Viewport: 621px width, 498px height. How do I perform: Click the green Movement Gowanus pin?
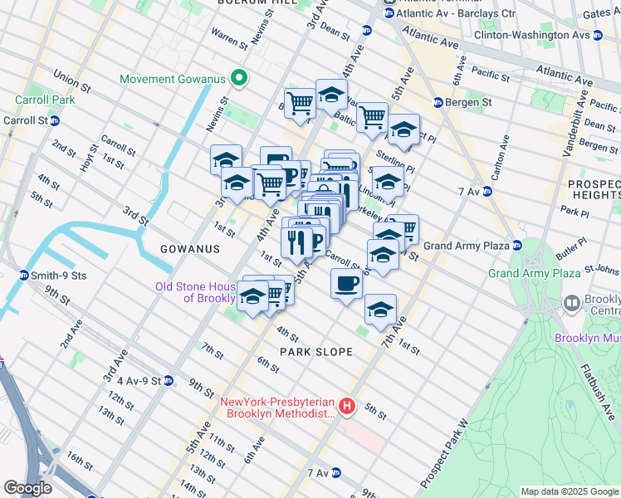239,80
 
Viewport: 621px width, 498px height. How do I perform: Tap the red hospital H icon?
347,407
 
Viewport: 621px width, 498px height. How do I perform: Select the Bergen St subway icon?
438,102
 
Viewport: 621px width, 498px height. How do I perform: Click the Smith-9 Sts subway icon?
24,276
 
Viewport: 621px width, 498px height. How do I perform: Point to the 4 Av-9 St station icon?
169,381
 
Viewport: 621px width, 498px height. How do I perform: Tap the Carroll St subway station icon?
55,120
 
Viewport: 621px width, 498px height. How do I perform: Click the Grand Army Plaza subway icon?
517,246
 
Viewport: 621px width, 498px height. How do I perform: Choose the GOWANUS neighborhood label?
191,249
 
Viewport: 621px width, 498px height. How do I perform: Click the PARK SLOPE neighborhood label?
315,352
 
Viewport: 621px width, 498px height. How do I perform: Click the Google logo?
27,488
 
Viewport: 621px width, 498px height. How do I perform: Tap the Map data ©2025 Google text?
570,491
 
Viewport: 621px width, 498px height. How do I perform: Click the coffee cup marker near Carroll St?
346,283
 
